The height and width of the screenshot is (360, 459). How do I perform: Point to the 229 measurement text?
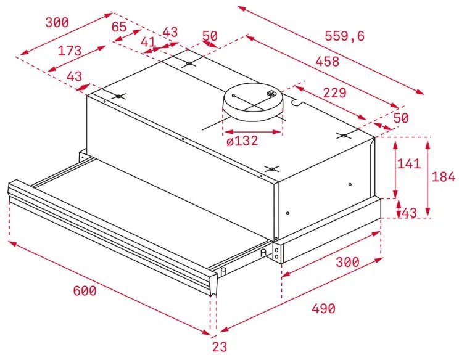click(x=334, y=93)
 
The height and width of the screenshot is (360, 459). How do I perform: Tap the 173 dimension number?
click(x=70, y=51)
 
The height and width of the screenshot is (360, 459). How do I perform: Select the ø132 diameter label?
click(x=242, y=141)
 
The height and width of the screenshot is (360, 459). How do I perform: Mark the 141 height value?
click(x=408, y=164)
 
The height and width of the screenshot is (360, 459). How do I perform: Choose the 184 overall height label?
click(x=443, y=177)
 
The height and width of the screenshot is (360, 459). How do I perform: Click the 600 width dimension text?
click(x=84, y=291)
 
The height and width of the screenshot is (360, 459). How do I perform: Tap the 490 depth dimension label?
click(x=323, y=308)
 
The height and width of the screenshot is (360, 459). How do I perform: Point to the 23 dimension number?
click(x=219, y=347)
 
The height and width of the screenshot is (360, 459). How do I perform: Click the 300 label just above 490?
click(x=347, y=262)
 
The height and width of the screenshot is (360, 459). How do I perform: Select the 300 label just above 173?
click(x=57, y=23)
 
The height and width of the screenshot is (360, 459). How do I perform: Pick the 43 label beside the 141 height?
click(x=408, y=213)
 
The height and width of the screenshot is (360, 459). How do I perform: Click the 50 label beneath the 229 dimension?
click(x=401, y=118)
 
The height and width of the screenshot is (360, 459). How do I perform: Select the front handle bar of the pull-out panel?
click(x=111, y=232)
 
